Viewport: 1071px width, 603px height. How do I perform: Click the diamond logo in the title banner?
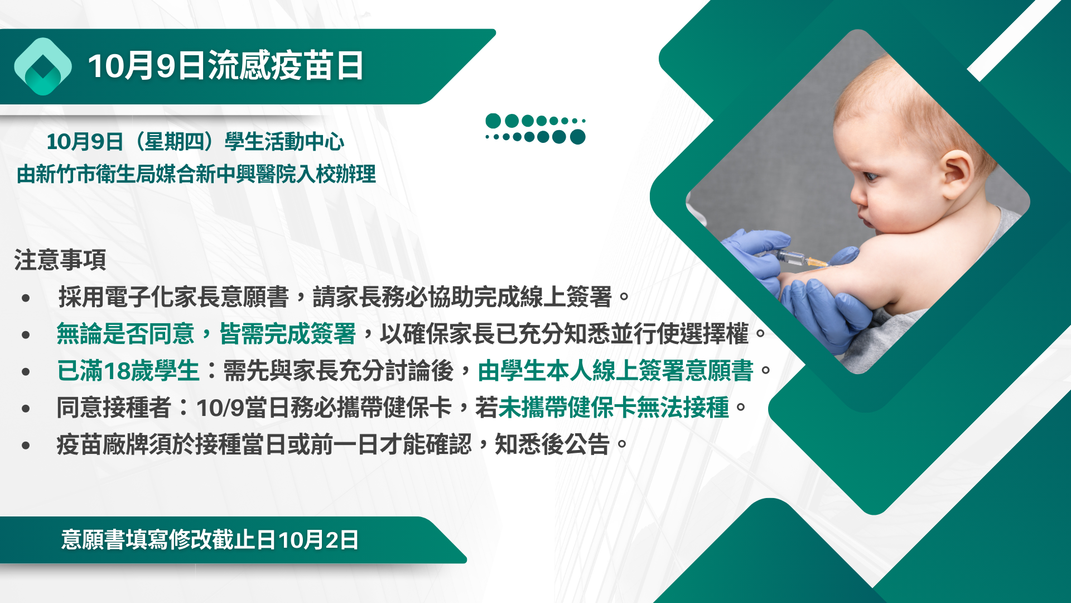click(x=43, y=66)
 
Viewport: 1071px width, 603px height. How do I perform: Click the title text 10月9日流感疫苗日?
click(x=226, y=66)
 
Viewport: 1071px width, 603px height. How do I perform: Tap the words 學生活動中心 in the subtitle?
click(x=284, y=142)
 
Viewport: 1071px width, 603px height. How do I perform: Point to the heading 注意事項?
click(x=60, y=260)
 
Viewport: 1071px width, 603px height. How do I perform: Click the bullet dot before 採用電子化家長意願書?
click(x=26, y=298)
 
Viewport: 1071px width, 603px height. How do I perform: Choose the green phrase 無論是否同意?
click(x=126, y=334)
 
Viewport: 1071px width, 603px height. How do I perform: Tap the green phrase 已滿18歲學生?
click(x=128, y=371)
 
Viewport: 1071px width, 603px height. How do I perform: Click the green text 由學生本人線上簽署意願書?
click(x=616, y=371)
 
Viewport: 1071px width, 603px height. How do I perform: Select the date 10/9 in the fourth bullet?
click(x=220, y=408)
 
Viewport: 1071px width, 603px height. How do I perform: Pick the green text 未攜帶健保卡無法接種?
click(x=614, y=408)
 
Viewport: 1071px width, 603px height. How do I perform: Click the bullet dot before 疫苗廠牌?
click(x=26, y=446)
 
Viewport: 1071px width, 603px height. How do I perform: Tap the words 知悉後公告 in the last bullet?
click(x=552, y=444)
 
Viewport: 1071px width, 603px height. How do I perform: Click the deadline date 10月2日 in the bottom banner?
click(x=319, y=540)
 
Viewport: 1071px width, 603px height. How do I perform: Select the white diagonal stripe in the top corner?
click(x=1014, y=40)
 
